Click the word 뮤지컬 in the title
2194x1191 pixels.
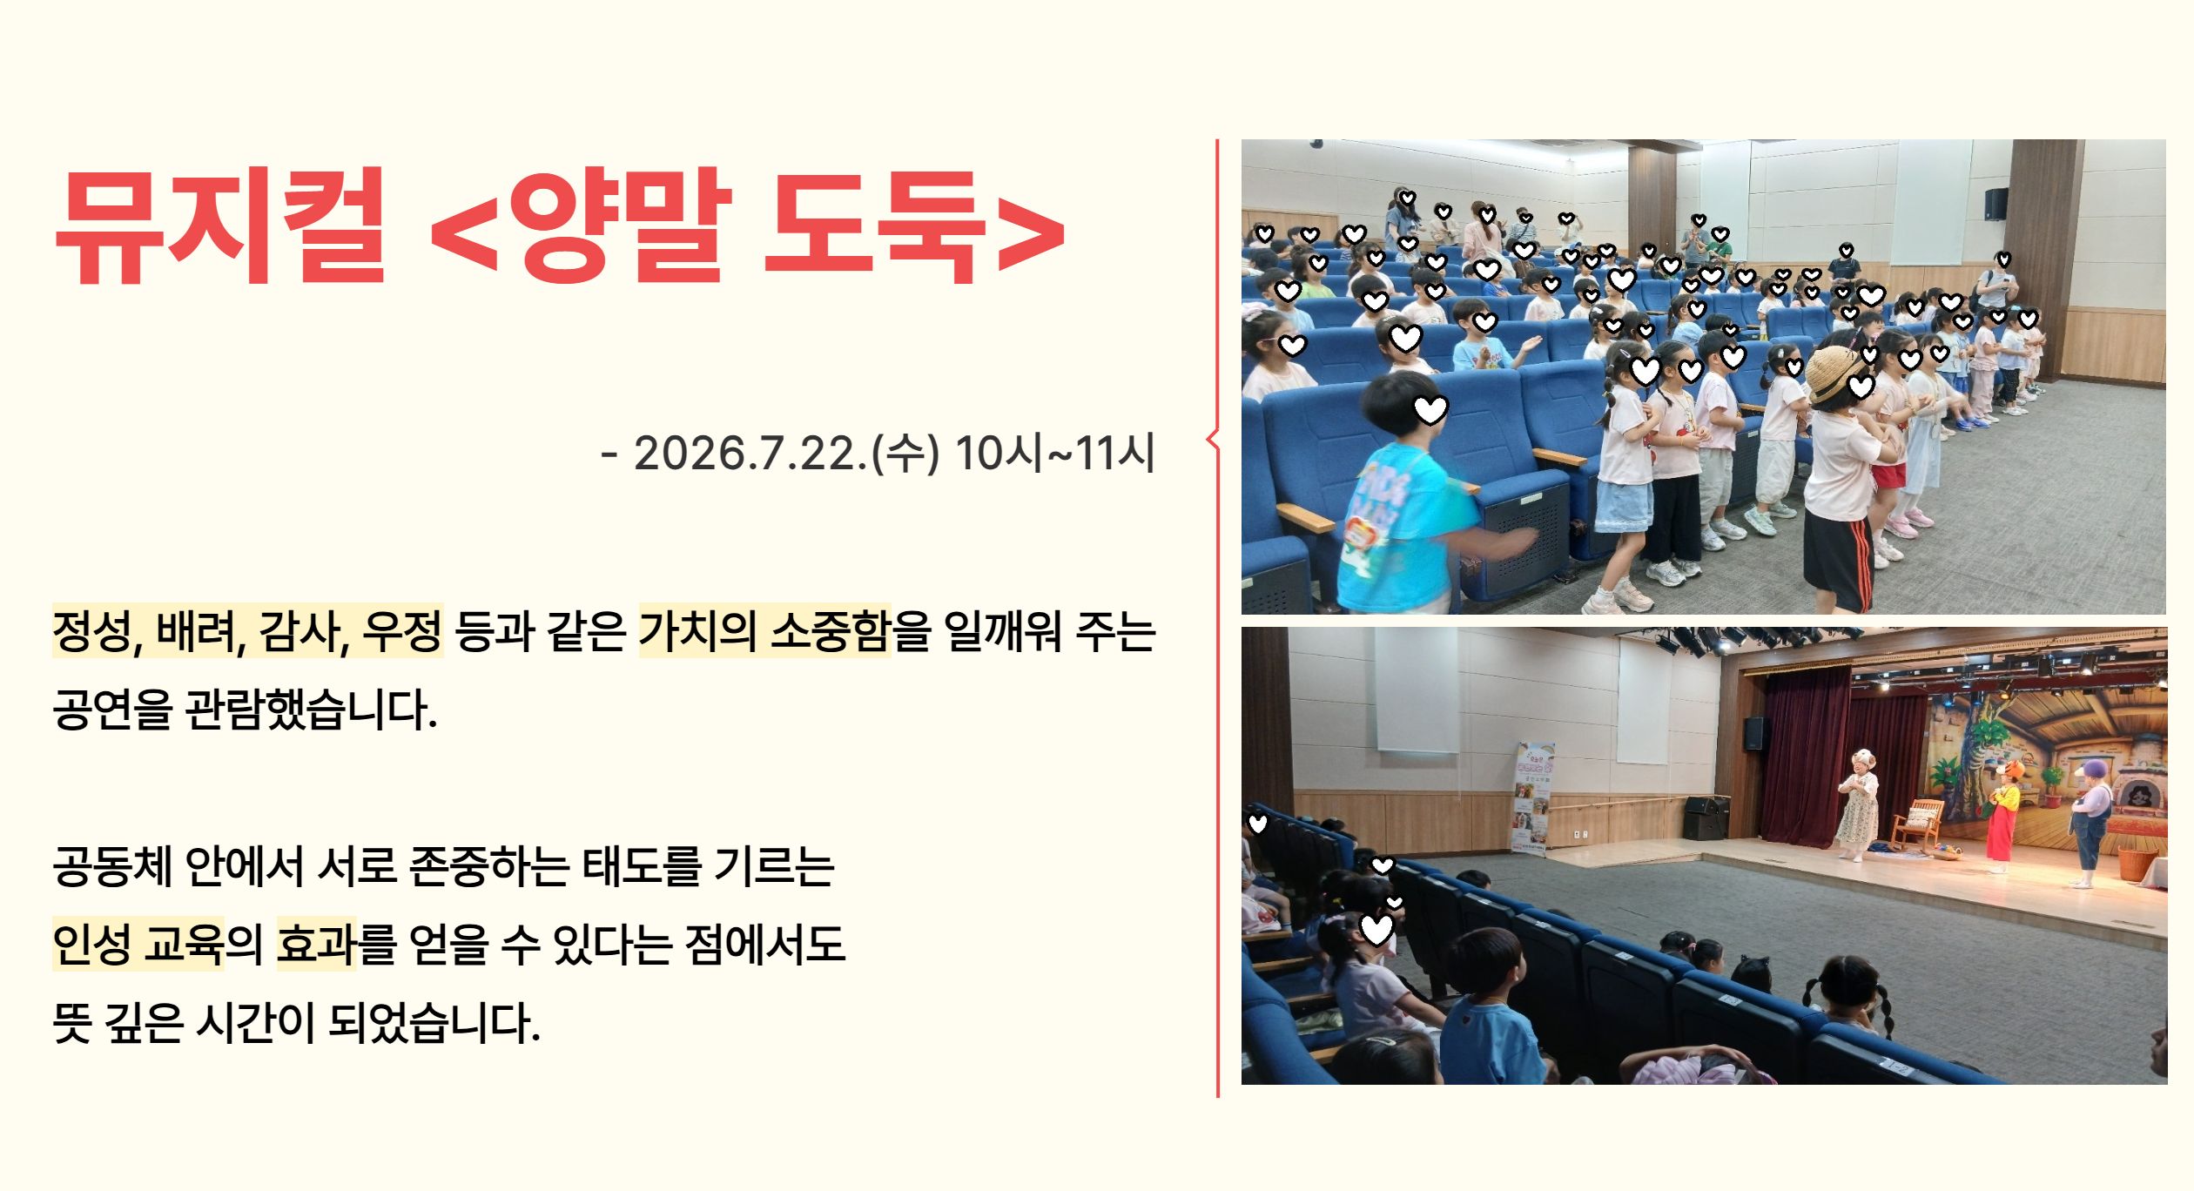point(220,225)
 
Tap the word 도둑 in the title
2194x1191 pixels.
point(874,225)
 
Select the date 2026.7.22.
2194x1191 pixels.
point(750,454)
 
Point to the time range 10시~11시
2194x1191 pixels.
point(1055,454)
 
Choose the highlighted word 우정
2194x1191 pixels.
point(402,631)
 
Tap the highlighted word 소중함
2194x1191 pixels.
point(831,631)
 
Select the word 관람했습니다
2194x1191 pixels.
point(311,710)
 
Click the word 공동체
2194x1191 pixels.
point(112,866)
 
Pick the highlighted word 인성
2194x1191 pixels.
point(92,945)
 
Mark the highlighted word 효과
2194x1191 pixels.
point(317,945)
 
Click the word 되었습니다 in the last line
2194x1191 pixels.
point(434,1023)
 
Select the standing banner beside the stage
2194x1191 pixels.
point(1532,797)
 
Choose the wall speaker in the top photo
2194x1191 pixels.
point(1996,204)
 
